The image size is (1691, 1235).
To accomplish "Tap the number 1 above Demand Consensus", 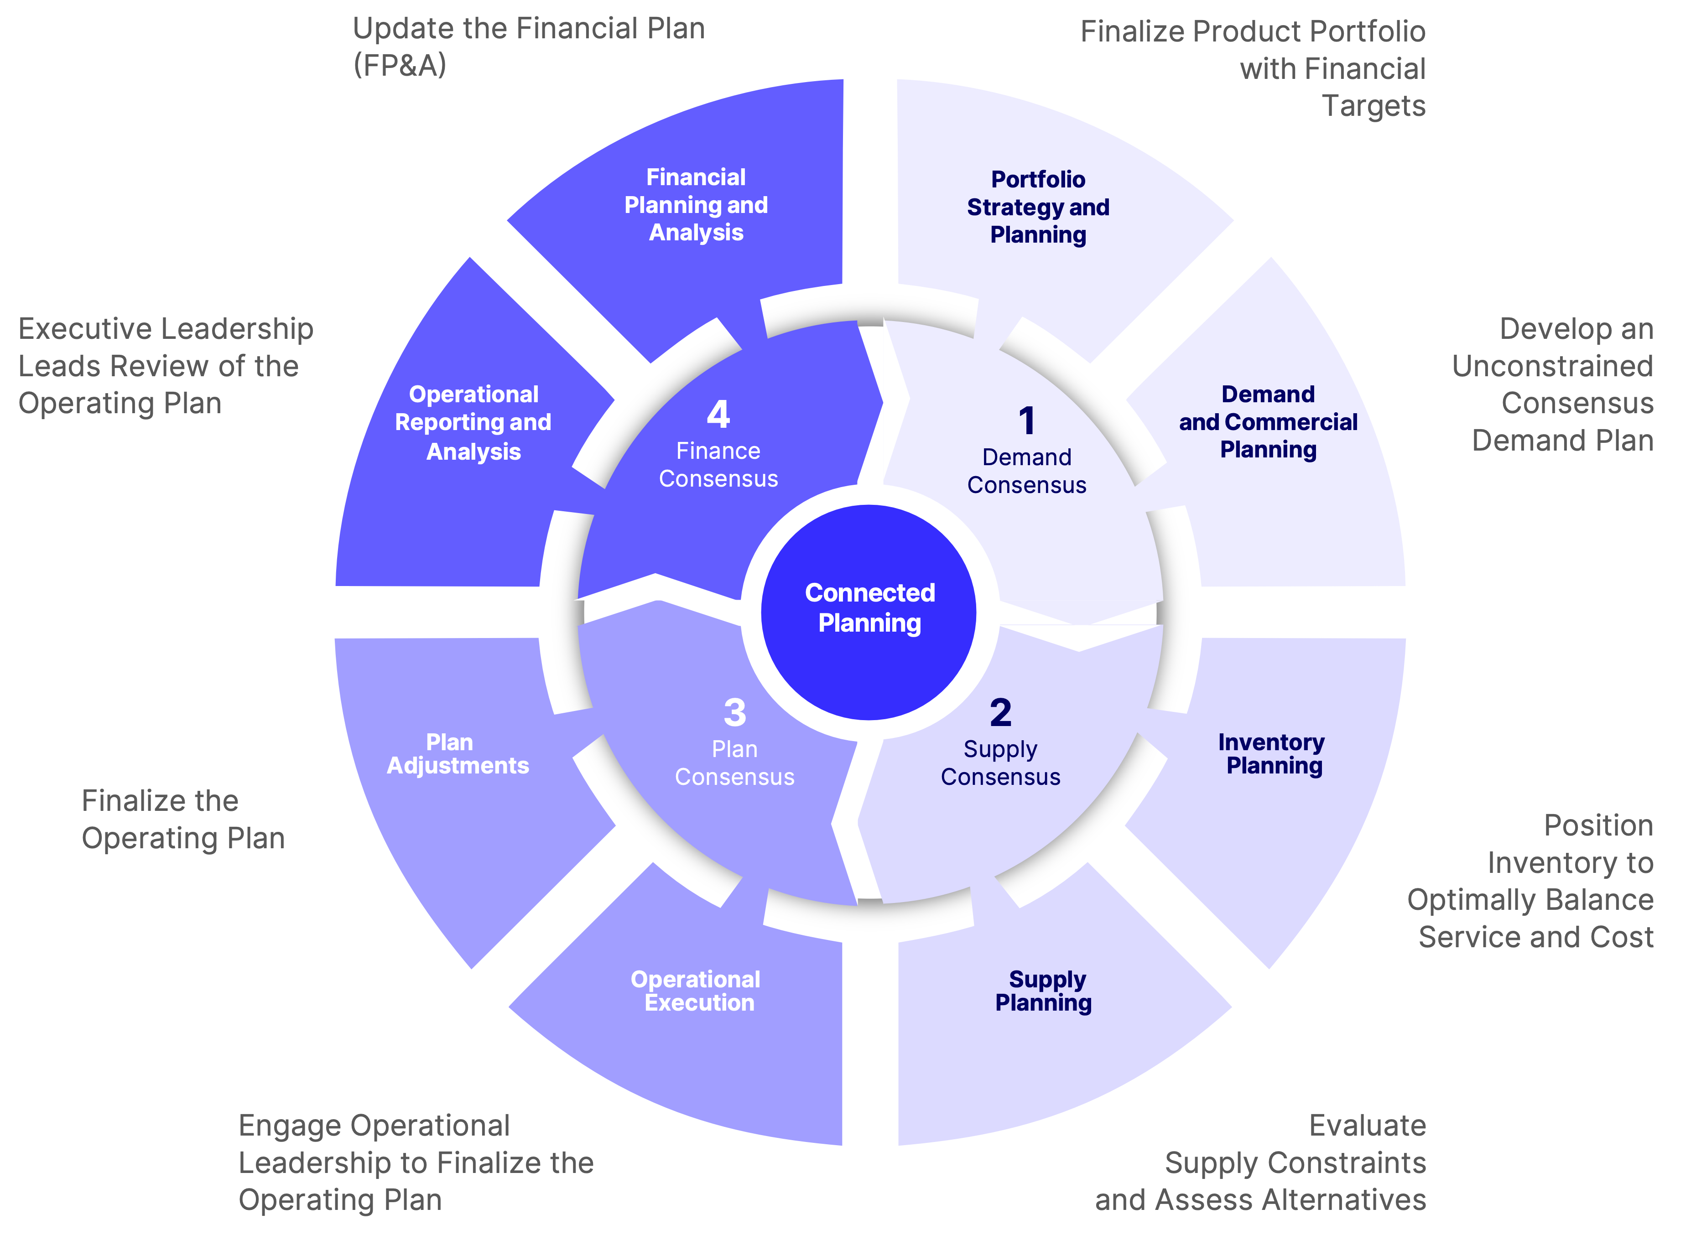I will (1027, 421).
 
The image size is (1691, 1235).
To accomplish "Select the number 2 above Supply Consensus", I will (1000, 712).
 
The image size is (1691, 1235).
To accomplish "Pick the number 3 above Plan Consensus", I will (735, 712).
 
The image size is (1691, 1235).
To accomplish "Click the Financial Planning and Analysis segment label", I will (696, 205).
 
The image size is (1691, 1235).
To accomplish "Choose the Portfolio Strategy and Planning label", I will (1038, 207).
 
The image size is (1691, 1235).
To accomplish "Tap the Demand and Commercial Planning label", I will (1268, 422).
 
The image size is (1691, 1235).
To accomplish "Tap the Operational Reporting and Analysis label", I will (473, 422).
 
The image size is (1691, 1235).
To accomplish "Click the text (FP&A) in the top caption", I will (400, 66).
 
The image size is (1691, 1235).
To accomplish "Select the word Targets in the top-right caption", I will (1374, 106).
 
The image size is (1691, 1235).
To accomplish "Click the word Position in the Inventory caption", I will (1598, 825).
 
